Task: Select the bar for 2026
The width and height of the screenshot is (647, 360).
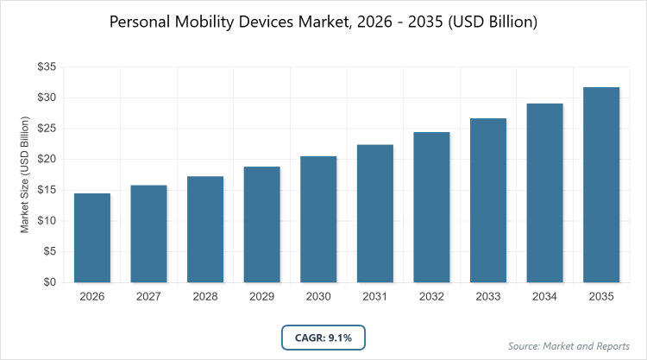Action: (91, 237)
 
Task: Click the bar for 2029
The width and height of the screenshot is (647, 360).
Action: (261, 224)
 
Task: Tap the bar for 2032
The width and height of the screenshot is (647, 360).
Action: (431, 207)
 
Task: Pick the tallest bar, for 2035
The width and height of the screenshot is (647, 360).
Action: (601, 185)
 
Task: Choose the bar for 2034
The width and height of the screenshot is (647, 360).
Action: (544, 193)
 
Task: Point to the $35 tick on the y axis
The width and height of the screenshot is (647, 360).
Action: (45, 66)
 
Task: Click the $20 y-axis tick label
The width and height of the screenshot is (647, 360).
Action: (45, 159)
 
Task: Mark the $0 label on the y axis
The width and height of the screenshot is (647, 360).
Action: (48, 282)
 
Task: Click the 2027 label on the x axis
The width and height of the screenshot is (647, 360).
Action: (148, 296)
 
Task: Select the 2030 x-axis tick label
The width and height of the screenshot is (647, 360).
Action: (318, 296)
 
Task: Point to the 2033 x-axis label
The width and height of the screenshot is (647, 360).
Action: (488, 296)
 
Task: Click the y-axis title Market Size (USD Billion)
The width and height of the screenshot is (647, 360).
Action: (26, 174)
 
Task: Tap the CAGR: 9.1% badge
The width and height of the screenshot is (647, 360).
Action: (323, 338)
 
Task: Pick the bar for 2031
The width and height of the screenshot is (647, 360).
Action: (374, 213)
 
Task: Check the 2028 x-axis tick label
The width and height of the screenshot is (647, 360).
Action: (205, 296)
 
